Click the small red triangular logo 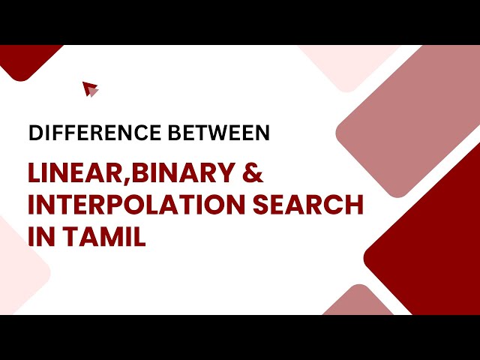coord(91,89)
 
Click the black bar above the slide coord(240,22)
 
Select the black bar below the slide coord(240,337)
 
